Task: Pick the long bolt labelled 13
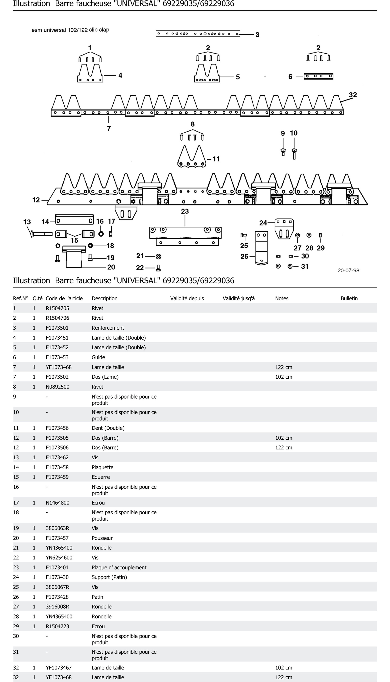(42, 234)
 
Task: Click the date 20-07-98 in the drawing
(348, 271)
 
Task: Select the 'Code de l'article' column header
(64, 298)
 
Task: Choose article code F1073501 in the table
(57, 328)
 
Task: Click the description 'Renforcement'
(108, 328)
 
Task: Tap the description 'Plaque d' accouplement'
(119, 567)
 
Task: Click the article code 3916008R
(57, 607)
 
